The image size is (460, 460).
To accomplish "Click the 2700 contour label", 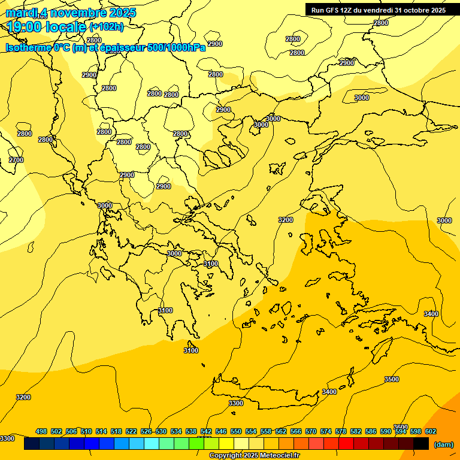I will (x=16, y=160).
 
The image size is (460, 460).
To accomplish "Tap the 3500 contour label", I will (x=391, y=379).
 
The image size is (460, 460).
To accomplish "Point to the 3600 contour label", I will (x=400, y=427).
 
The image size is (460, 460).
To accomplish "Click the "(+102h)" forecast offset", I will (x=107, y=27).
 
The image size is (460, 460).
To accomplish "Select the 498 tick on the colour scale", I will (x=41, y=431).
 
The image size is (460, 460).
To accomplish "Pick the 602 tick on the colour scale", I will (x=431, y=431).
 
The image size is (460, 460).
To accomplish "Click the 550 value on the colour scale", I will (x=236, y=431).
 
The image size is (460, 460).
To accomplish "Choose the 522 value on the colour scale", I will (x=131, y=431).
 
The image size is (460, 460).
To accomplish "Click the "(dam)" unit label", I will (x=443, y=444).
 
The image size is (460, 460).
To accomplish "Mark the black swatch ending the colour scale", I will (x=421, y=444).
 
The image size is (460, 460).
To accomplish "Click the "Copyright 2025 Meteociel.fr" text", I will (x=254, y=456).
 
